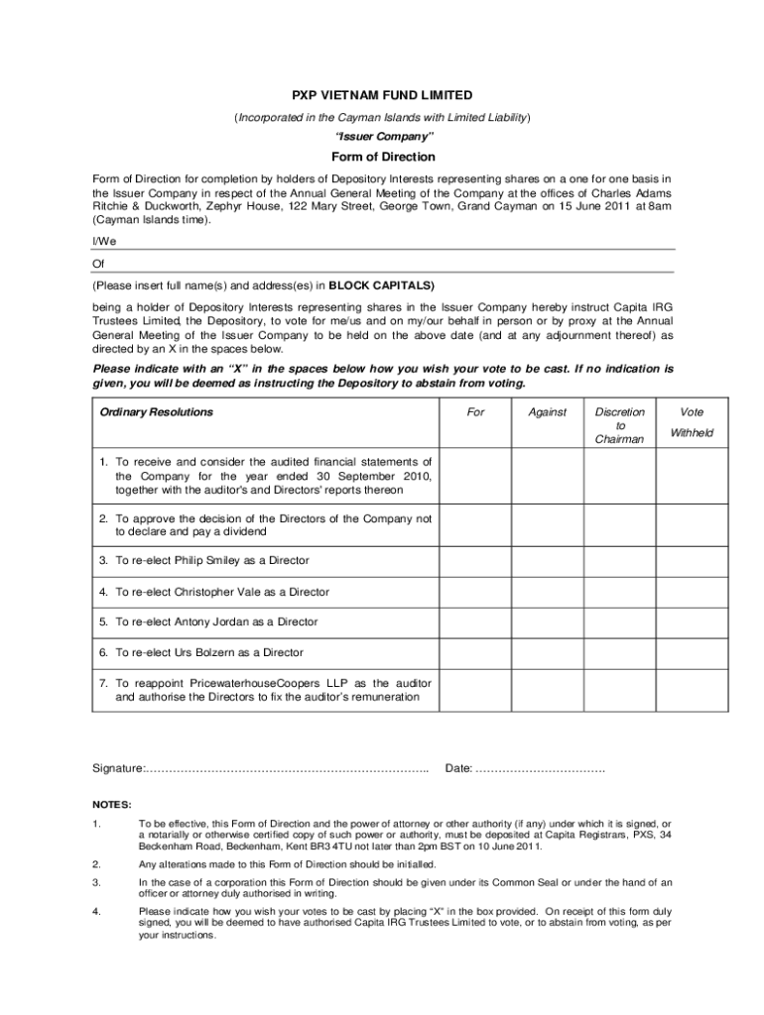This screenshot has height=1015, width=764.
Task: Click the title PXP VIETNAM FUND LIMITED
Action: pos(382,95)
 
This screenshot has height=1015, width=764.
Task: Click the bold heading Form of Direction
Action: pos(382,157)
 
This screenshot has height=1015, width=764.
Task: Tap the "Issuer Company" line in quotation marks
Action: pos(382,135)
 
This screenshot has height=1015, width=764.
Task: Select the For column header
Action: pos(476,412)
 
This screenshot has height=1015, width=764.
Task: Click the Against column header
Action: pos(547,412)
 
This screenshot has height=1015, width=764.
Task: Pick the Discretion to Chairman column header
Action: pos(620,425)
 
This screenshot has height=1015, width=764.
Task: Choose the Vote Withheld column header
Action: pos(692,422)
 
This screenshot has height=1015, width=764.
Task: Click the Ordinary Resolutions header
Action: pos(156,412)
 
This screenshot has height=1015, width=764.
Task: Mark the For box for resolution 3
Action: pos(476,561)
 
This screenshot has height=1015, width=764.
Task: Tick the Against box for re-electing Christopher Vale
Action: pos(547,592)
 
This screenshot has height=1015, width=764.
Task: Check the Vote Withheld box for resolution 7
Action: pos(692,690)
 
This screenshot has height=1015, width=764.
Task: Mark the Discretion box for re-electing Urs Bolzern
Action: pos(620,653)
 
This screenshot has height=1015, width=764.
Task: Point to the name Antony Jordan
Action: pos(215,622)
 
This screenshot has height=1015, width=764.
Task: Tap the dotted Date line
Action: pos(541,769)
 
